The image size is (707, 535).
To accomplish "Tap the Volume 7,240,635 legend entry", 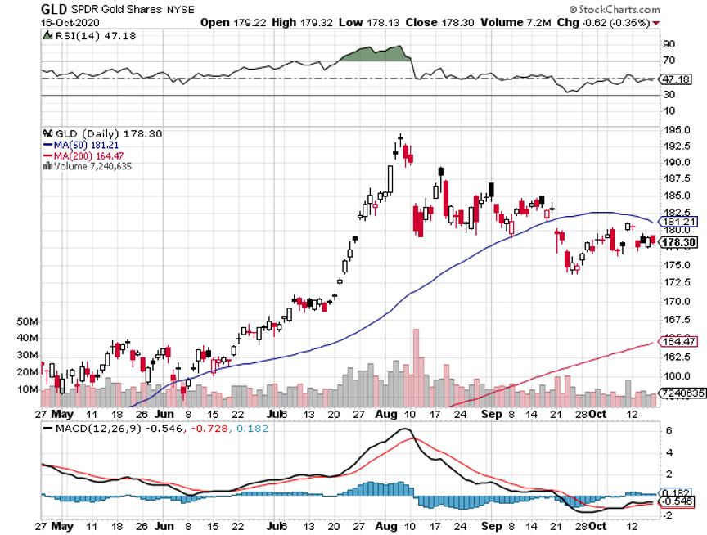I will click(x=88, y=166).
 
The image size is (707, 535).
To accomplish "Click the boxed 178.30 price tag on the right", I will click(x=677, y=243).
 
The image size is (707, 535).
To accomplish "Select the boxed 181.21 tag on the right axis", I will click(x=677, y=221).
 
